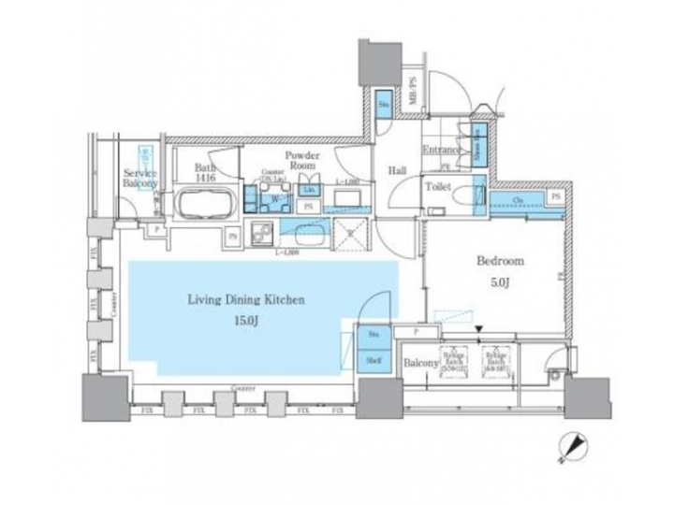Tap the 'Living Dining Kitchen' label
(246, 300)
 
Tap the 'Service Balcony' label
(139, 179)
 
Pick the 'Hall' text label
(396, 171)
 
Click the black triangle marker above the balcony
(479, 329)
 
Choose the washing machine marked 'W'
(274, 199)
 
